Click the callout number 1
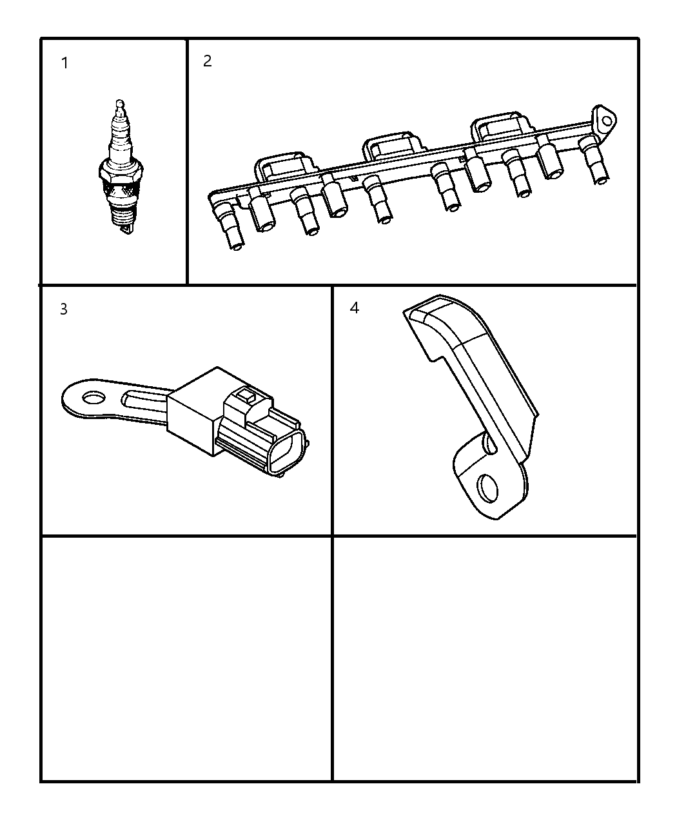point(64,63)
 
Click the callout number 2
point(207,61)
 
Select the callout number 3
point(64,309)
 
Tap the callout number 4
point(355,308)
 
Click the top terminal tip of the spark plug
point(118,103)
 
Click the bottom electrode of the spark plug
point(126,228)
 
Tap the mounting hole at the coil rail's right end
point(605,121)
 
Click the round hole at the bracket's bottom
point(489,489)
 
